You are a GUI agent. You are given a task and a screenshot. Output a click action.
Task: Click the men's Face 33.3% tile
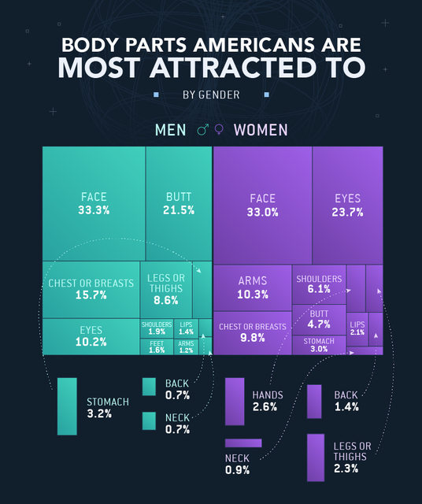click(94, 203)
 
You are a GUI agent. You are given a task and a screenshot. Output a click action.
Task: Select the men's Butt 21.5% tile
click(179, 203)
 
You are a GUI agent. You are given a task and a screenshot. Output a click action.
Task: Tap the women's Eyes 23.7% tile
click(348, 205)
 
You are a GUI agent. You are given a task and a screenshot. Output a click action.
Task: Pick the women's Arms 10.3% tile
click(253, 287)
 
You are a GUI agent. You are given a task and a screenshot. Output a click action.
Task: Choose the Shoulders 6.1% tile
click(319, 284)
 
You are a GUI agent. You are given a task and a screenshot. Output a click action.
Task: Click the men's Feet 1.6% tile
click(157, 346)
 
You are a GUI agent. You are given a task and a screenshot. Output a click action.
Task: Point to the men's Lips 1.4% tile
click(186, 328)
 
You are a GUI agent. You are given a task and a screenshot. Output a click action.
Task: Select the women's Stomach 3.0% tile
click(319, 345)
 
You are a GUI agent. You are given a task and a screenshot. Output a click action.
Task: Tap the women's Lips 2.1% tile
click(357, 329)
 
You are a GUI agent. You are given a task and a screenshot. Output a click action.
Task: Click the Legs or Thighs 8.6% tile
click(166, 289)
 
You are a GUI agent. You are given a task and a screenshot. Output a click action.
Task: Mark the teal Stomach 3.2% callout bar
click(67, 406)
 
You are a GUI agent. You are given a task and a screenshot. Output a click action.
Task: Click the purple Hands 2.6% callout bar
click(235, 402)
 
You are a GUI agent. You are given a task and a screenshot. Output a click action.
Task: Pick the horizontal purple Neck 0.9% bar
click(243, 443)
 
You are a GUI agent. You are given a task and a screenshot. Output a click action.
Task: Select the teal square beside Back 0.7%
click(149, 387)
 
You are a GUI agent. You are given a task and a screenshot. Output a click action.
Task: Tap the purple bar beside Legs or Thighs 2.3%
click(316, 458)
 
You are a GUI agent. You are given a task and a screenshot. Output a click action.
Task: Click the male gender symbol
click(202, 130)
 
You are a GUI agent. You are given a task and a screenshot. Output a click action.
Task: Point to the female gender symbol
click(219, 129)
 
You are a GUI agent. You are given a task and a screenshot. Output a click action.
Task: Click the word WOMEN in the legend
click(261, 130)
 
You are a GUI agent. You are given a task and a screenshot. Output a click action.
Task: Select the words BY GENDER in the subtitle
click(211, 94)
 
